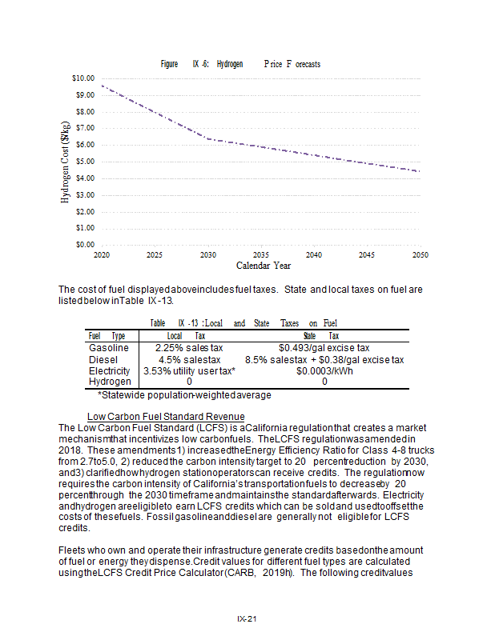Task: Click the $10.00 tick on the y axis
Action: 83,78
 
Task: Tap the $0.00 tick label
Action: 85,244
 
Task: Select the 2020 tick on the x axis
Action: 101,254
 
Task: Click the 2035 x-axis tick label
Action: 260,254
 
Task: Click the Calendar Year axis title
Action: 263,265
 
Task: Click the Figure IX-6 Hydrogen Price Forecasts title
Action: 240,64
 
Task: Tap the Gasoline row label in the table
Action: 109,349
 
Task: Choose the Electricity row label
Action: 109,371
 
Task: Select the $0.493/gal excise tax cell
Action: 324,349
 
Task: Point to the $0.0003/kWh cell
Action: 324,371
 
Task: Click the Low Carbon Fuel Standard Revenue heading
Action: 166,417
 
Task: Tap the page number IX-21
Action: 247,618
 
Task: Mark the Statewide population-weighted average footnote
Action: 184,394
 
